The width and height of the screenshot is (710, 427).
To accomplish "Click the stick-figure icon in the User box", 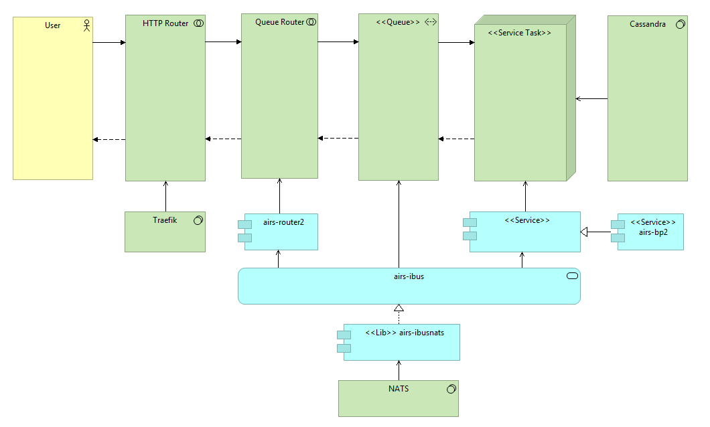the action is pos(87,25).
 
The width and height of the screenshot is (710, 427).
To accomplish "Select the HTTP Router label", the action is pos(165,23).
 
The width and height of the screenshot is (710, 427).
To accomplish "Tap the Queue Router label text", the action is pos(279,22).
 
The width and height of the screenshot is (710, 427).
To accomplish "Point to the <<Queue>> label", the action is pos(398,22).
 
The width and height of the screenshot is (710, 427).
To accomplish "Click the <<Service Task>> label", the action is pos(519,33).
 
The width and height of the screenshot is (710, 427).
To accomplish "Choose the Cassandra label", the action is pos(648,24).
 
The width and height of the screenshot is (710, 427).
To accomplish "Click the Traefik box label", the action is pos(165,220).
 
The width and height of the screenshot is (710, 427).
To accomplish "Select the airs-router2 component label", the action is pos(283,223).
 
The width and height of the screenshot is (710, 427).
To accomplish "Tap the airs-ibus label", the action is pos(409,276).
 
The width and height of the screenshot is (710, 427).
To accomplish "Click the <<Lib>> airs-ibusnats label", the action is pos(405,333).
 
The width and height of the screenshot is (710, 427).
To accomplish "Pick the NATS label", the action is pos(399,389).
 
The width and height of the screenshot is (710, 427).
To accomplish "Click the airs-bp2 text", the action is pos(653,232).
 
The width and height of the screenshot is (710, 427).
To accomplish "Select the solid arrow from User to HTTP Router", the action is pos(109,43).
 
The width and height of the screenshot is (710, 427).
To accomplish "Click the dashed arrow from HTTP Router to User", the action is pos(109,139).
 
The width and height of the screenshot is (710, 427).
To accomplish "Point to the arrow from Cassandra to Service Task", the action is pos(592,98).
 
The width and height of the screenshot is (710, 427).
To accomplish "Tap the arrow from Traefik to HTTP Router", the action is pos(165,196).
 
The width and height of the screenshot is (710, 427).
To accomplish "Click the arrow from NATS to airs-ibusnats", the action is pos(399,371).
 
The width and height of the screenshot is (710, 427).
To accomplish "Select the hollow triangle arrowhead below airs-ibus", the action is pos(399,308).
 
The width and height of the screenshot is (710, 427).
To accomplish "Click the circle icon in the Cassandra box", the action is pos(680,24).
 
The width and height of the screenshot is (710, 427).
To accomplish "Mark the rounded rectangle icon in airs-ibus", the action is pos(572,276).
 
